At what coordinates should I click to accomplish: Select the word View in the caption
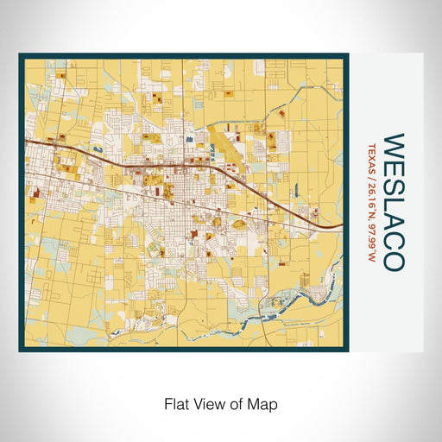[207, 403]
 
